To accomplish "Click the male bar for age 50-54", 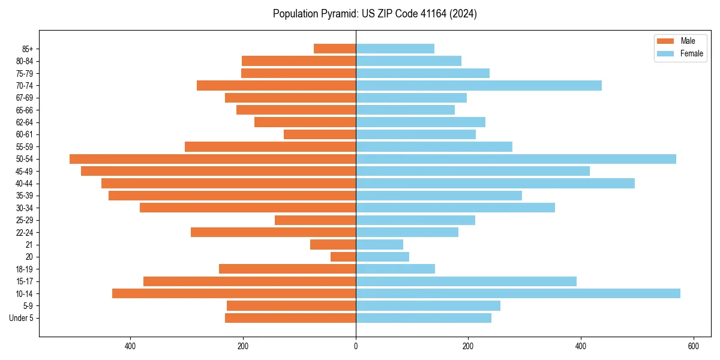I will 212,159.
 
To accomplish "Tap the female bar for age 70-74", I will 479,86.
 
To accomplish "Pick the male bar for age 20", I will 343,257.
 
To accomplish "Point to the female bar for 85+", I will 395,49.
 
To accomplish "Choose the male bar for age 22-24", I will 273,232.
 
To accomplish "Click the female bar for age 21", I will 379,245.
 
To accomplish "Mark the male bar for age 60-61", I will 320,134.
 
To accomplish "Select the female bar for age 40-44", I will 495,184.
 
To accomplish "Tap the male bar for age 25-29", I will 315,220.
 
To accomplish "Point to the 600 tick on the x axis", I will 693,346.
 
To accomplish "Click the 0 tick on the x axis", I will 356,346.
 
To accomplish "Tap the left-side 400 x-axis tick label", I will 130,346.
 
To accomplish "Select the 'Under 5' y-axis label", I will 21,318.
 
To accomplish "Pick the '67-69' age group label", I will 25,98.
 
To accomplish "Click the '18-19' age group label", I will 25,269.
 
